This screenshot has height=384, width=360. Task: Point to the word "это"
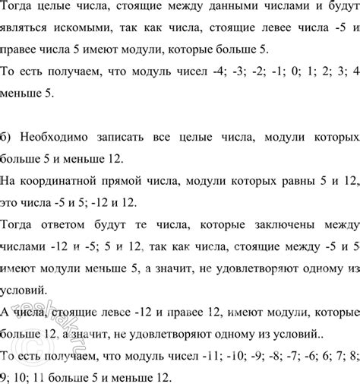point(12,205)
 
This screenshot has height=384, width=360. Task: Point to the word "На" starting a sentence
point(11,183)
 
